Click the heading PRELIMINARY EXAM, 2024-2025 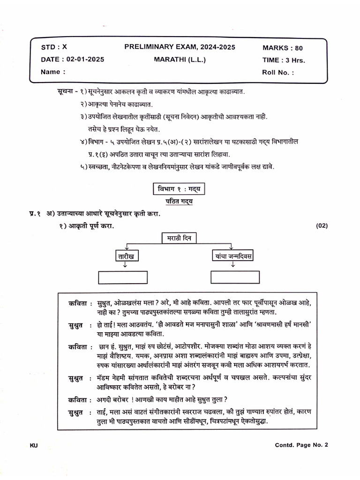point(180,47)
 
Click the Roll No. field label point(278,73)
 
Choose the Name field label point(51,72)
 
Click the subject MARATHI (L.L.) point(180,60)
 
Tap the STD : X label point(54,47)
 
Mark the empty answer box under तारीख point(123,277)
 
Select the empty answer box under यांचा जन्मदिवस point(235,277)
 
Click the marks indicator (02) point(322,225)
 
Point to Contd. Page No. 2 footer point(301,445)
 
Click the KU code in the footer point(33,445)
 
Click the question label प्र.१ point(34,214)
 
